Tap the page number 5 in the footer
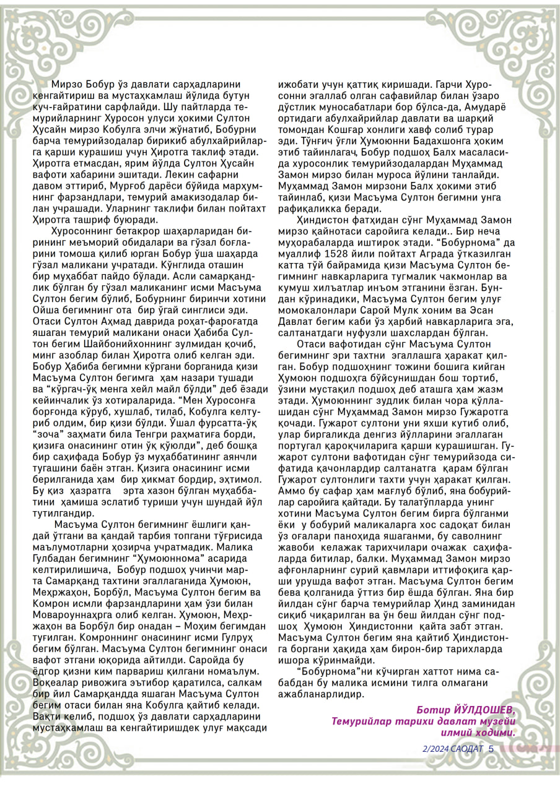pos(491,748)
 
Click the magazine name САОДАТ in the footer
pos(467,748)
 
